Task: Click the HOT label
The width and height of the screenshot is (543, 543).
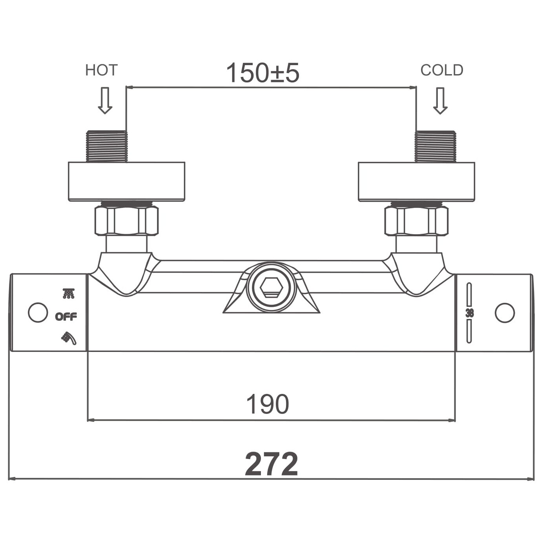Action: [101, 70]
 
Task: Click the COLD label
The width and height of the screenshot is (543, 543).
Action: [441, 70]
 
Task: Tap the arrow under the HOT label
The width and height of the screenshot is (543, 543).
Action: [105, 100]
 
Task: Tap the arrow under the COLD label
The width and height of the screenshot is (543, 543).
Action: [440, 101]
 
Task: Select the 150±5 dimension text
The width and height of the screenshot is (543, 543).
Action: [262, 73]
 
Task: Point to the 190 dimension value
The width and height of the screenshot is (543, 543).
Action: [268, 405]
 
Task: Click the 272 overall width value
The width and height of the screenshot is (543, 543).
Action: [271, 464]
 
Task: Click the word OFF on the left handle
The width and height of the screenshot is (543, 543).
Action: [66, 317]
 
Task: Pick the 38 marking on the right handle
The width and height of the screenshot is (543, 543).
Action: [470, 313]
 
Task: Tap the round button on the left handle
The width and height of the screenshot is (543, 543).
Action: [38, 313]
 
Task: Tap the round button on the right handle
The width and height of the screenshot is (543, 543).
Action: [505, 313]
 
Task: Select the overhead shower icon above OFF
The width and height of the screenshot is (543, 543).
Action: [69, 294]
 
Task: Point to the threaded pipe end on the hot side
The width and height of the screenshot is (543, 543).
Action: [107, 146]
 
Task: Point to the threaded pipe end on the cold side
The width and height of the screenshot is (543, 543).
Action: [435, 146]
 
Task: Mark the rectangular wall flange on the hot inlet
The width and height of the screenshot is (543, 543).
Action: [126, 182]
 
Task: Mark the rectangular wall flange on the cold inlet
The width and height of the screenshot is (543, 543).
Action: [417, 182]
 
